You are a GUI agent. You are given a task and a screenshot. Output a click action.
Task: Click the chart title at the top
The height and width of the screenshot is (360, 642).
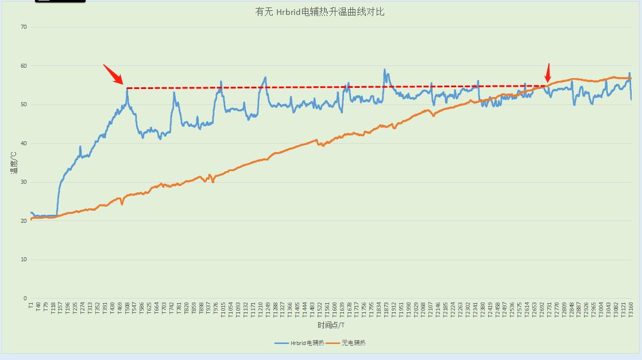tap(320, 11)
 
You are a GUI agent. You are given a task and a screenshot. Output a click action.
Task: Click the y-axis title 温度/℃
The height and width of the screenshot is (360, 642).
tap(16, 162)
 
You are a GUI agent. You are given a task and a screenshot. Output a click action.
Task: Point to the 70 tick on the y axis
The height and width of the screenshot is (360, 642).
tap(24, 27)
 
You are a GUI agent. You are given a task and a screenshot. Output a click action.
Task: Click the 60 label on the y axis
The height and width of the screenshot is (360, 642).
tap(24, 66)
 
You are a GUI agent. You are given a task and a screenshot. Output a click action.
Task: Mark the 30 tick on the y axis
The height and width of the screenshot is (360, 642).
tap(24, 182)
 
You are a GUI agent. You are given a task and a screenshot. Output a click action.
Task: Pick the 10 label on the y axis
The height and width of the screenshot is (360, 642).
tap(24, 260)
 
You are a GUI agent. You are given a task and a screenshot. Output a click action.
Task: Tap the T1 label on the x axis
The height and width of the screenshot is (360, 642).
tap(31, 305)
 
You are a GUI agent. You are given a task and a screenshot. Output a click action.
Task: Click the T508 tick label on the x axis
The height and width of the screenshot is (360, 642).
tap(127, 308)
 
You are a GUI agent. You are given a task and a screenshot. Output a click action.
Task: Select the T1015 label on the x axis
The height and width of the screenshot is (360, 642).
tap(223, 309)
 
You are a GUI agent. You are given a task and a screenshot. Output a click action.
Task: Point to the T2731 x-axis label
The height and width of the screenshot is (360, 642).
tap(549, 309)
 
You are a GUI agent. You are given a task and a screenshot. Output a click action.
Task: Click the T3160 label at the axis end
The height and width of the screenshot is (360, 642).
tap(631, 309)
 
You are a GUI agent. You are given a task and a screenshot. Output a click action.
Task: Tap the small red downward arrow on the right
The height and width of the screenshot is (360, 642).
tap(548, 72)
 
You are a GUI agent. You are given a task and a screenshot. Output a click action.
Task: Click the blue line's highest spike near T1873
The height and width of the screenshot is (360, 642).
tap(385, 70)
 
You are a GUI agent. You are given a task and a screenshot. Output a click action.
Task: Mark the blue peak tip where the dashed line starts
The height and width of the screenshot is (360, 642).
tap(127, 88)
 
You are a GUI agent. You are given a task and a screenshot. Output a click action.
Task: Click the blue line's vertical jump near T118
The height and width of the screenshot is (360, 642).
tap(57, 198)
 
